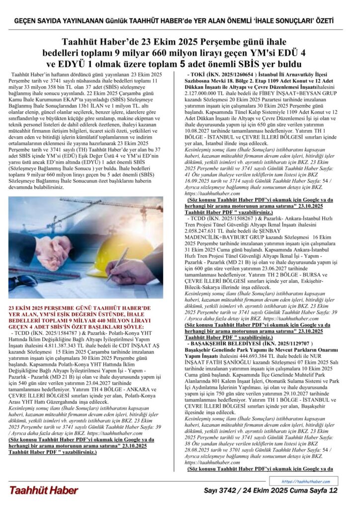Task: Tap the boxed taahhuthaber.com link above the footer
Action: [306, 481]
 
